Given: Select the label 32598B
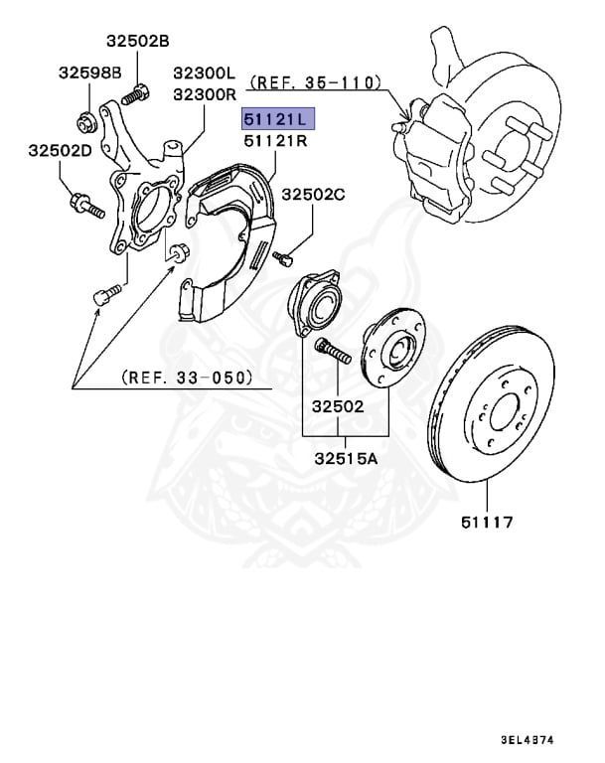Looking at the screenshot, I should pos(89,73).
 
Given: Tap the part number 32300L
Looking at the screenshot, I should pos(204,73).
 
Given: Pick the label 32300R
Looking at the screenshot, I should pos(204,94).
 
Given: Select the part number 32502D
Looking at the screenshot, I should pos(61,150).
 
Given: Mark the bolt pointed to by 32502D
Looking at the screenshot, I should pos(85,208).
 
